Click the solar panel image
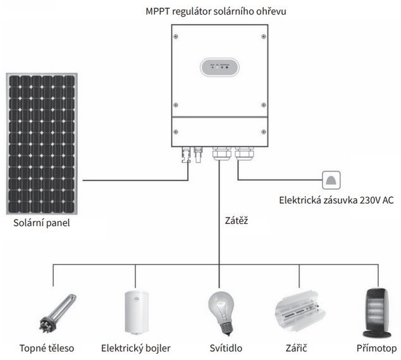coord(42,144)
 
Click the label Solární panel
coord(42,223)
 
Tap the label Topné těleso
coord(46,348)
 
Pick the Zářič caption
coord(298,348)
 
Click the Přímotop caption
coord(376,348)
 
